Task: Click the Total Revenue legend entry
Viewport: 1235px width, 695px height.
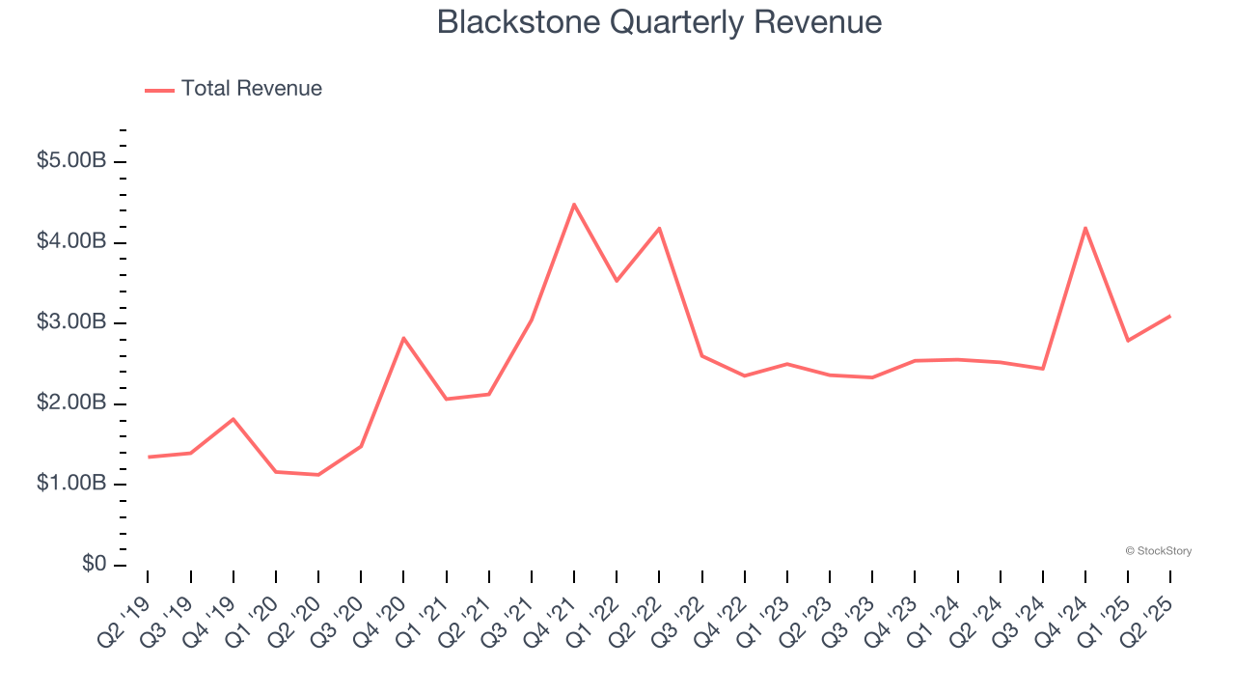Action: coord(233,89)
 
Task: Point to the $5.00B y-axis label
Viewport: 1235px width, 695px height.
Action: coord(71,160)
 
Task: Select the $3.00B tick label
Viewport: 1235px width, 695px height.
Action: coord(71,321)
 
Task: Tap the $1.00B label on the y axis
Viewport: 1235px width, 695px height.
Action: coord(71,483)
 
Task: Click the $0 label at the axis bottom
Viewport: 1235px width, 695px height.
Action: coord(93,564)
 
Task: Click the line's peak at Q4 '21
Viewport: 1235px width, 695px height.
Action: coord(574,205)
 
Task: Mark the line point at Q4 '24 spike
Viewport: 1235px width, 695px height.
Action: coord(1085,228)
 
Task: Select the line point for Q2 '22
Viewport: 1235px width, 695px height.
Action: coord(659,229)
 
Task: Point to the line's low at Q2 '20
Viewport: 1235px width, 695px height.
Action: coord(318,475)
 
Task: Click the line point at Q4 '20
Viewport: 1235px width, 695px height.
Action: coord(403,338)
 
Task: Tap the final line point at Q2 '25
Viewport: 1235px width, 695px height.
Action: coord(1170,316)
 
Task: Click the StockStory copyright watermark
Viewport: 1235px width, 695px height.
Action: coord(1158,551)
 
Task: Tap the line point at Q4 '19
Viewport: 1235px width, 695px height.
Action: coord(233,419)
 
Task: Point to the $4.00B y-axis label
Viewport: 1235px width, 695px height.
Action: coord(71,240)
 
